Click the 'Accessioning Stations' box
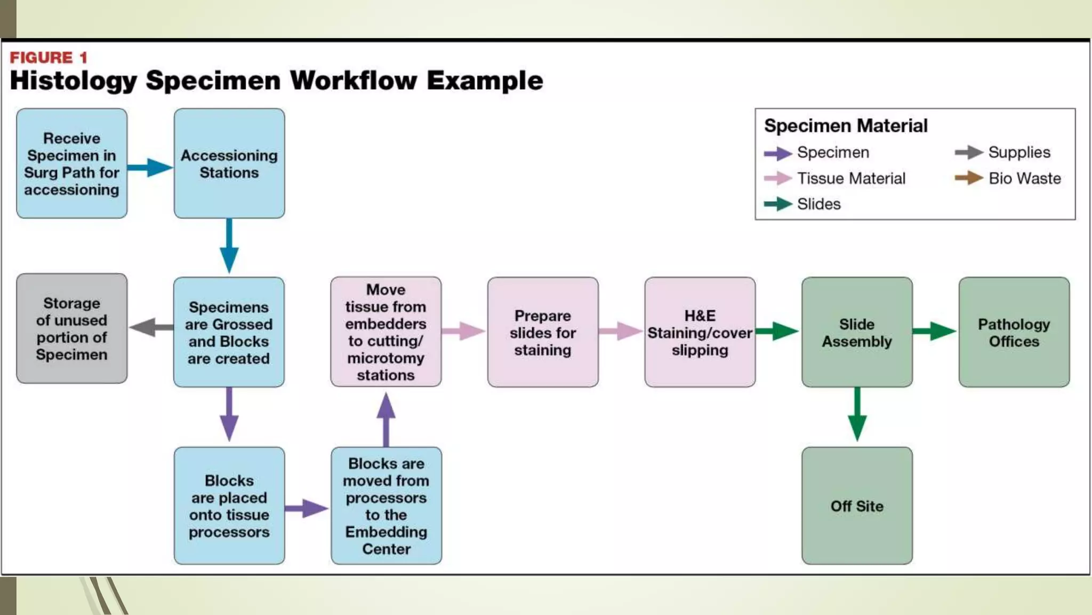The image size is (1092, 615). (x=229, y=163)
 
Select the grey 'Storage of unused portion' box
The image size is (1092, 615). (x=72, y=328)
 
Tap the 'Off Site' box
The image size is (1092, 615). (x=857, y=506)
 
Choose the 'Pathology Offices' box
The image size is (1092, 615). (x=1014, y=332)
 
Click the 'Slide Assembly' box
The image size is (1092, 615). (x=857, y=332)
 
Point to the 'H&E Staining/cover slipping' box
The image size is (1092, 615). (x=700, y=332)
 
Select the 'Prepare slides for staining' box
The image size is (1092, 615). (x=542, y=332)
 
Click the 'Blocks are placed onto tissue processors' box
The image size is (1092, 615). (x=229, y=506)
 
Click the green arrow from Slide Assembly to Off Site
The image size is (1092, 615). (x=857, y=414)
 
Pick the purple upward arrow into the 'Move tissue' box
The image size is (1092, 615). (x=386, y=419)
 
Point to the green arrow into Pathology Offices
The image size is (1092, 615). (x=935, y=331)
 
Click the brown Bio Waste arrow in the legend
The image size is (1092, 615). (x=969, y=178)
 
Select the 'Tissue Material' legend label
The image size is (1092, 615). (x=851, y=178)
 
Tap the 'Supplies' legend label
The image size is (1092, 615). (x=1019, y=152)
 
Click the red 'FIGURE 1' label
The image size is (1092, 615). (x=49, y=57)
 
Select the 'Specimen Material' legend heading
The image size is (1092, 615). (x=846, y=126)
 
